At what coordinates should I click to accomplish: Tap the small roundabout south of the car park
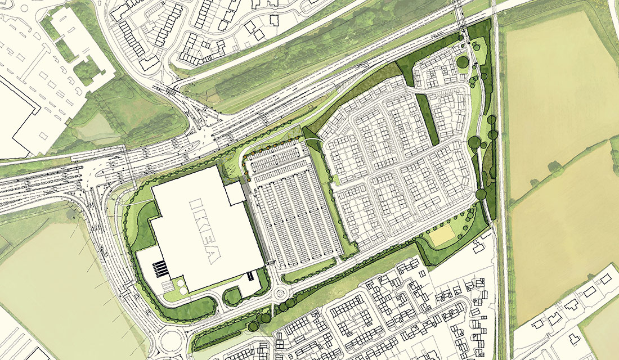pyautogui.click(x=280, y=292)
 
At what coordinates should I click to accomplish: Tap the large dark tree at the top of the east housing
pyautogui.click(x=463, y=61)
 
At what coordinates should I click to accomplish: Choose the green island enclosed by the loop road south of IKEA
pyautogui.click(x=233, y=296)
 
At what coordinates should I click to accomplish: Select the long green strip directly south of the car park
pyautogui.click(x=315, y=269)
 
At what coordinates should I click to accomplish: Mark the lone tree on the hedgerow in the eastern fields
pyautogui.click(x=554, y=166)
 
